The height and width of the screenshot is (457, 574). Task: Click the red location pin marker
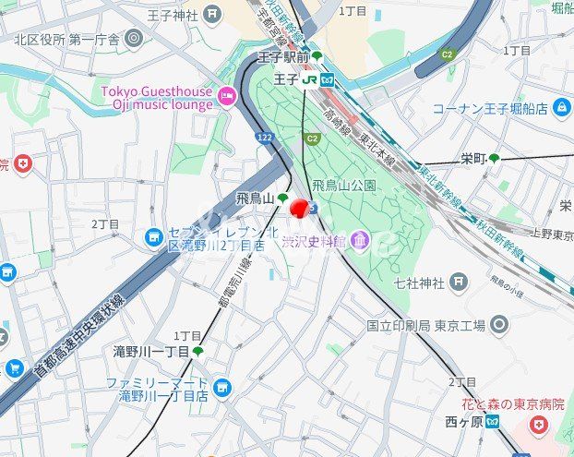(x=299, y=208)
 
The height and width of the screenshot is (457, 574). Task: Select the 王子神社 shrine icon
(x=213, y=14)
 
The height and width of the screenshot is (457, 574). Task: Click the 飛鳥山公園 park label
(x=343, y=186)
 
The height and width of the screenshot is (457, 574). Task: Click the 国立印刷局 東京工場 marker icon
(x=499, y=324)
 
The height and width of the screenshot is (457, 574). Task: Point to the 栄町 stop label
(x=473, y=159)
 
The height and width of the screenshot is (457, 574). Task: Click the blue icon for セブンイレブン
(x=154, y=238)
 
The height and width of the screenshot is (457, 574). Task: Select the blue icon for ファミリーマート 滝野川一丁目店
(x=221, y=388)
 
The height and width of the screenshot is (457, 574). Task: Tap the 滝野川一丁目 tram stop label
(x=150, y=352)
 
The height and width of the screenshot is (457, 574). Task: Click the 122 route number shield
(x=266, y=137)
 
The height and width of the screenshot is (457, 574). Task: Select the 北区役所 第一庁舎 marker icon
(x=134, y=39)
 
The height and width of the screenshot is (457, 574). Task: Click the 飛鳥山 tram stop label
(x=255, y=198)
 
